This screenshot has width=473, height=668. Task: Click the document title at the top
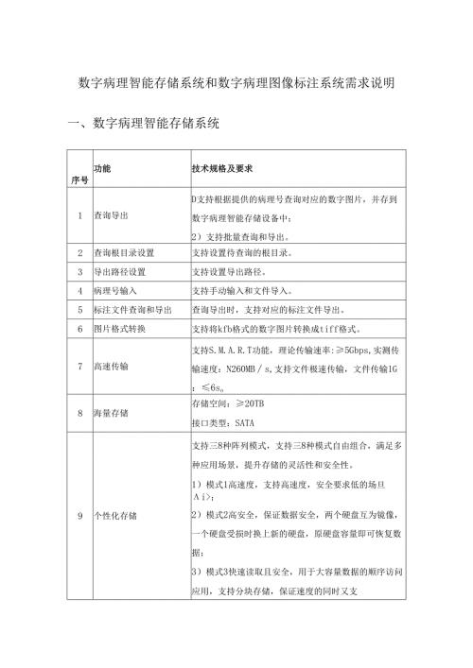tap(236, 83)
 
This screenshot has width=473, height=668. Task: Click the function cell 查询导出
tap(113, 215)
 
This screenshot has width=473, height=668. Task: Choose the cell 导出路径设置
tap(118, 271)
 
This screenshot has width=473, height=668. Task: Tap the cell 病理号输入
tap(115, 290)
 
